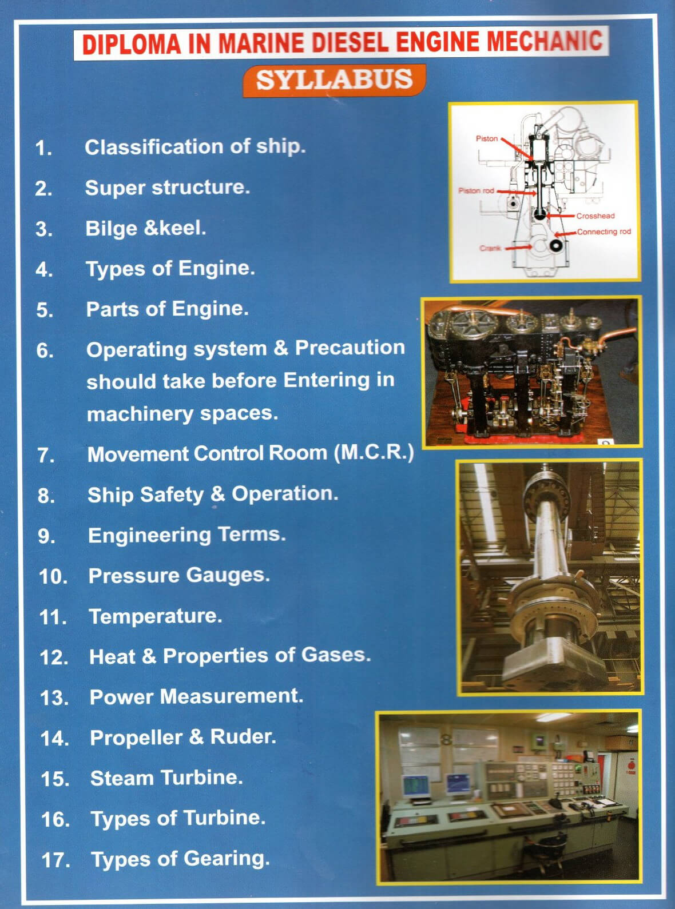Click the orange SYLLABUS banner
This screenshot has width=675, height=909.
click(x=334, y=81)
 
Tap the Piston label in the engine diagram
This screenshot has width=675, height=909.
click(x=487, y=138)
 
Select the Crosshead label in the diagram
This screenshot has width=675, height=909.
click(x=595, y=216)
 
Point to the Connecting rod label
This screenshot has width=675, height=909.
click(x=604, y=232)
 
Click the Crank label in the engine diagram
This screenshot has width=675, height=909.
click(x=490, y=248)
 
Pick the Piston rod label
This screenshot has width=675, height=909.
click(x=477, y=190)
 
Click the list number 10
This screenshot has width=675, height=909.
click(x=53, y=576)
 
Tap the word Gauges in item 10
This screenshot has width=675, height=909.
click(x=228, y=575)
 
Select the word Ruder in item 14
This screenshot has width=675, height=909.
click(x=243, y=736)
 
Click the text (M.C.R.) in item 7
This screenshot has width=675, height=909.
click(x=374, y=453)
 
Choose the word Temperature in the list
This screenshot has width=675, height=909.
click(x=156, y=616)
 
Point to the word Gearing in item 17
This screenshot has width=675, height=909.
click(x=227, y=859)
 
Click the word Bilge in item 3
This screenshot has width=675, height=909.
click(x=111, y=228)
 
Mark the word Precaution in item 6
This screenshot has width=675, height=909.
click(x=350, y=348)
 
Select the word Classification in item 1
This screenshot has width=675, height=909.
click(x=154, y=146)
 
